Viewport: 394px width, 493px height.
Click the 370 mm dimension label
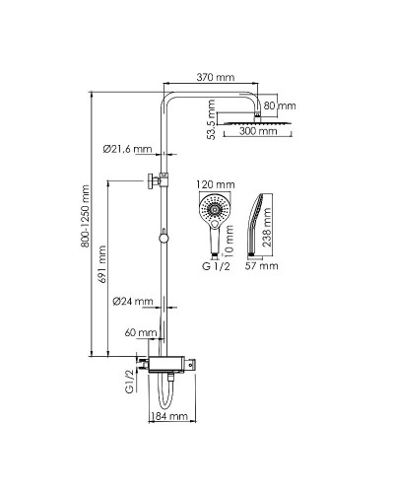tap(216, 78)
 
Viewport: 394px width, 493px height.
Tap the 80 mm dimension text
tap(280, 106)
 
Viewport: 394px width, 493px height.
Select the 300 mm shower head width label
tap(258, 131)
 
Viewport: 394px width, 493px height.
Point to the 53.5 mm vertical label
tap(212, 120)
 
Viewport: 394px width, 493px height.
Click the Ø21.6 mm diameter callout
tap(127, 149)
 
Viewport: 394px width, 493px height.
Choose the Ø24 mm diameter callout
tap(133, 301)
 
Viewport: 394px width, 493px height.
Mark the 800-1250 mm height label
tap(86, 216)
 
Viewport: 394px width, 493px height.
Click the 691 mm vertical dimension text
tap(102, 265)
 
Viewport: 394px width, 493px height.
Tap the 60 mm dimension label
tap(141, 333)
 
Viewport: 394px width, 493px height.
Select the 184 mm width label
tap(168, 416)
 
